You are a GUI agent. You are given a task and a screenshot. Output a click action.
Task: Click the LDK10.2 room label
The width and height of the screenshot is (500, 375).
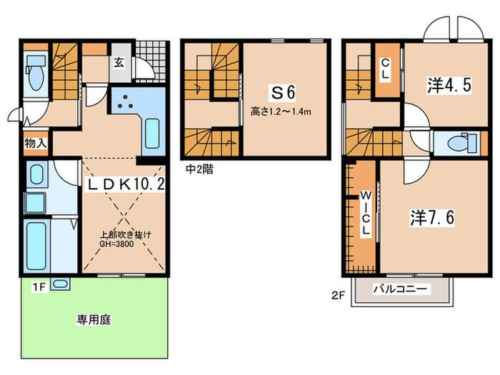pyautogui.click(x=126, y=184)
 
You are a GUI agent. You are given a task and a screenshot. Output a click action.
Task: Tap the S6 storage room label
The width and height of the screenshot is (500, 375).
pyautogui.click(x=282, y=92)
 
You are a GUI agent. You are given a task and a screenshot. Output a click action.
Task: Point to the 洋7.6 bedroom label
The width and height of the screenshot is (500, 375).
pyautogui.click(x=424, y=216)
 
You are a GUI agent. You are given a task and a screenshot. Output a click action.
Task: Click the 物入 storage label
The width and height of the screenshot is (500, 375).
pyautogui.click(x=36, y=143)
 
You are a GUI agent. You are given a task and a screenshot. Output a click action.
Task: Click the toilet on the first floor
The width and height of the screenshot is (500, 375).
pyautogui.click(x=34, y=80)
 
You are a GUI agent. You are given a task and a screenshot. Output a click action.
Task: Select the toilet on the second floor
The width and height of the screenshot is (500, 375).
pyautogui.click(x=452, y=144)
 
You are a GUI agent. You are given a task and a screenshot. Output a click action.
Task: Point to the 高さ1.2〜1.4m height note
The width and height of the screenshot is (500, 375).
pyautogui.click(x=283, y=111)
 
